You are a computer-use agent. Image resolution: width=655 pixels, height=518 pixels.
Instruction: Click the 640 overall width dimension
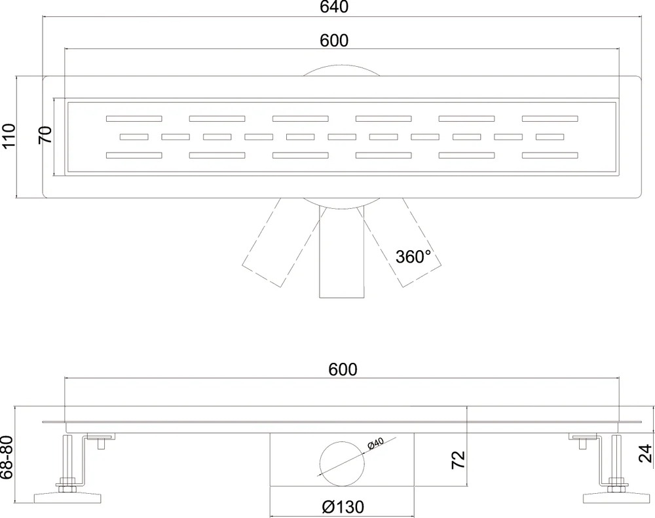[334, 7]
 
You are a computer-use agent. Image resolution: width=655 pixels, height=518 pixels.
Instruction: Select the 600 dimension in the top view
[334, 41]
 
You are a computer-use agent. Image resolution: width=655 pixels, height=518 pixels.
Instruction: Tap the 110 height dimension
[9, 136]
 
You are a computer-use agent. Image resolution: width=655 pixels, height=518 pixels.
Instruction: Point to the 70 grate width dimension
[46, 134]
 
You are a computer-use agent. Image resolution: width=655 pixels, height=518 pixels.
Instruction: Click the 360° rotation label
[413, 257]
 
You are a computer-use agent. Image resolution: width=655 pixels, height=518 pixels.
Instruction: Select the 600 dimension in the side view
[343, 369]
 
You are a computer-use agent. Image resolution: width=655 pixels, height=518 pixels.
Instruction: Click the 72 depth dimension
[458, 460]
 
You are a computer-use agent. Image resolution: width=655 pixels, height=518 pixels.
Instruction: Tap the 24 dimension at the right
[646, 453]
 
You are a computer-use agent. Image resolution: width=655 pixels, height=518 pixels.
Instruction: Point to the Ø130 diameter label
[343, 507]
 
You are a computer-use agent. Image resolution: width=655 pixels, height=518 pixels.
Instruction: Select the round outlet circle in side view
[343, 464]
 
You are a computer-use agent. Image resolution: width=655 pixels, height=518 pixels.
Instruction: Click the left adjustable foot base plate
[67, 498]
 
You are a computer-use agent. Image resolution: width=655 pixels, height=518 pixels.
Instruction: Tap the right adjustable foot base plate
[616, 498]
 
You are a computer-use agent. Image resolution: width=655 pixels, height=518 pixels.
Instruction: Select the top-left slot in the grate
[134, 119]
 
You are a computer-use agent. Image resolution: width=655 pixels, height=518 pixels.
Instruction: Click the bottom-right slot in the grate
[550, 155]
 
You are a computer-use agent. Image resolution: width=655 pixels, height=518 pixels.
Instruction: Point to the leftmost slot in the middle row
[134, 137]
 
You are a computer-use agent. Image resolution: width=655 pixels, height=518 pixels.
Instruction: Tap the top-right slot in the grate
[550, 119]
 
